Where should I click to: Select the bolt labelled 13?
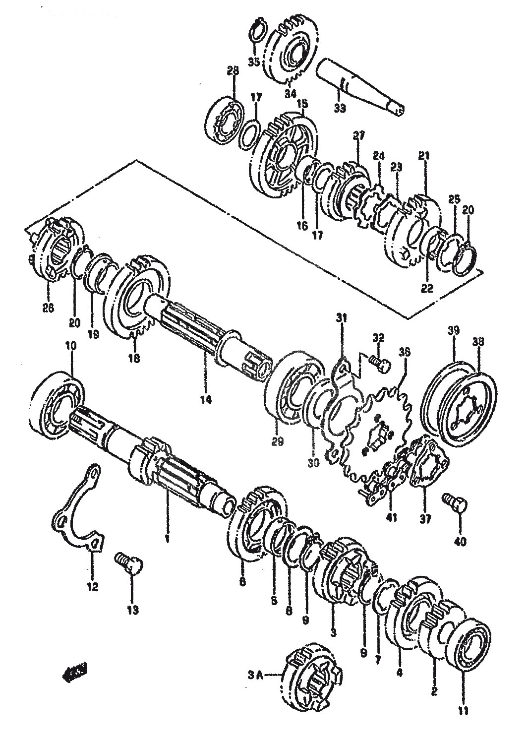click(x=128, y=563)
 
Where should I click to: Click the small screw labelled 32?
click(x=380, y=366)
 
